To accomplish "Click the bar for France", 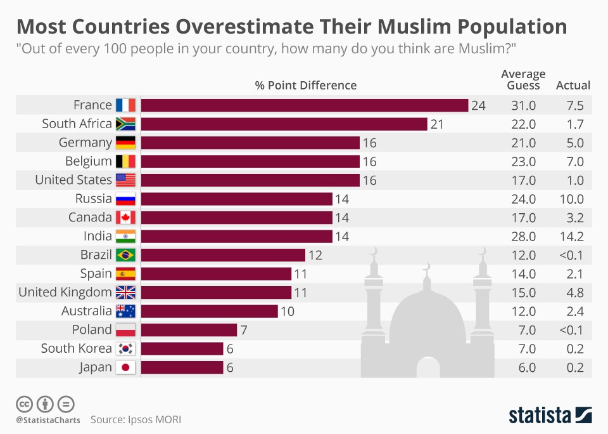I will click(304, 105).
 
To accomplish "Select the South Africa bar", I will click(284, 124).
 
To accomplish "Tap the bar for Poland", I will click(189, 330).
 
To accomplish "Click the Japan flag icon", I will click(125, 367).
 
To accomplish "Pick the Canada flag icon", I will click(125, 218).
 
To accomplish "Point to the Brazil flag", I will click(125, 255).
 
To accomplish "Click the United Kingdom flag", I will click(125, 293).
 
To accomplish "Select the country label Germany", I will click(85, 143).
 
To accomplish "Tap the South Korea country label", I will click(76, 348).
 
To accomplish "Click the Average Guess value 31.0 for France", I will click(523, 105).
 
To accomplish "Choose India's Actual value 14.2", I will click(573, 237).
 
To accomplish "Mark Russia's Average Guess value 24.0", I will click(523, 199).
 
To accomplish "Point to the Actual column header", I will click(573, 85).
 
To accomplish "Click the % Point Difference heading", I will click(306, 85).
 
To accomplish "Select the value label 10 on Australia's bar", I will click(288, 312).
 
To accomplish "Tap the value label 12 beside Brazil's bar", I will click(315, 255).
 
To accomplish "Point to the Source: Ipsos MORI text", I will click(140, 419).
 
